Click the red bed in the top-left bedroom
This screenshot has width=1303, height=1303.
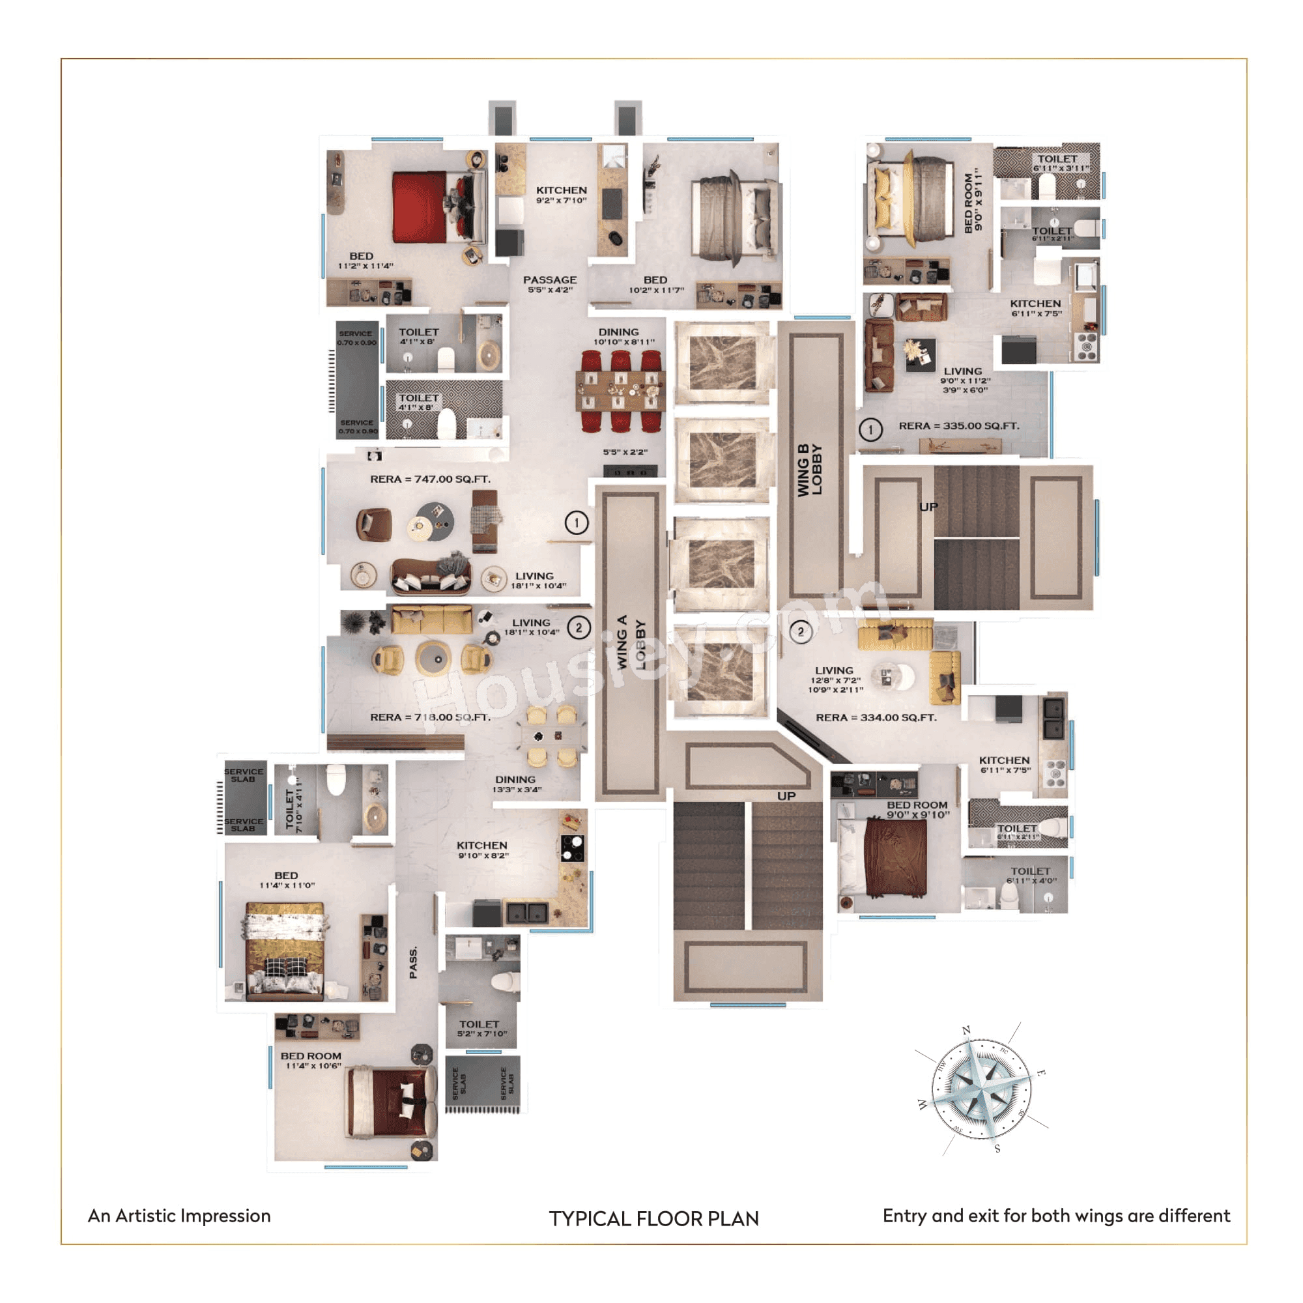(x=420, y=207)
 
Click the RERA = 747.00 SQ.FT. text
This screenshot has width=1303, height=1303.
(x=430, y=479)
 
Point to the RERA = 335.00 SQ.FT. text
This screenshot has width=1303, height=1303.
(x=958, y=425)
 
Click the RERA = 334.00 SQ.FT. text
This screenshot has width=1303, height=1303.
(x=876, y=717)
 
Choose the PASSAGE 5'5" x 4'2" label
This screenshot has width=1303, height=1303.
(x=550, y=284)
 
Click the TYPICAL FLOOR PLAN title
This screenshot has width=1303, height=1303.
(x=653, y=1218)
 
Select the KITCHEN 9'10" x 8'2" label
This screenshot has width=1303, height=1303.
(x=482, y=850)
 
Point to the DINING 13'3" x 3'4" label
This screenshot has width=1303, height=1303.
(x=516, y=784)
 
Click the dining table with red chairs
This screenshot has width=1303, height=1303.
(x=620, y=392)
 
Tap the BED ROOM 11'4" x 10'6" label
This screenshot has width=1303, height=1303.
(x=311, y=1060)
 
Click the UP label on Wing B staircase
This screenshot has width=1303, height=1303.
(x=928, y=506)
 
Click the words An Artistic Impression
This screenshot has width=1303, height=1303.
(x=179, y=1215)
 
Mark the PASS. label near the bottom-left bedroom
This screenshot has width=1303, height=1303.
(x=414, y=962)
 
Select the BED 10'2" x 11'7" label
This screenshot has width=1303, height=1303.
(x=655, y=285)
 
